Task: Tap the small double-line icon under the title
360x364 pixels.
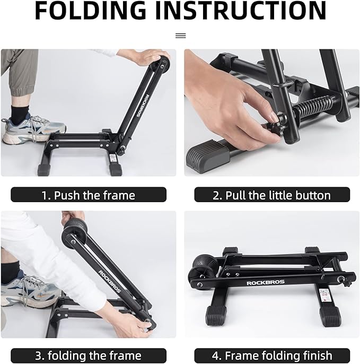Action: point(180,36)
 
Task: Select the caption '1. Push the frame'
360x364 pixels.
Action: point(89,195)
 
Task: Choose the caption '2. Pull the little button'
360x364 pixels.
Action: point(271,195)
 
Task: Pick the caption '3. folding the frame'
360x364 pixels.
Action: point(89,356)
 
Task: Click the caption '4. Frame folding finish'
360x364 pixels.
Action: point(271,356)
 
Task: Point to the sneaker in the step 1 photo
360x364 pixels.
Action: point(32,131)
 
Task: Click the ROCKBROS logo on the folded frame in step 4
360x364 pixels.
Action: point(265,282)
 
